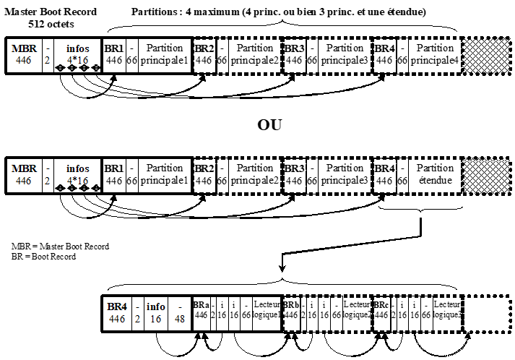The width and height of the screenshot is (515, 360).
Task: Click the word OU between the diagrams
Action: click(269, 125)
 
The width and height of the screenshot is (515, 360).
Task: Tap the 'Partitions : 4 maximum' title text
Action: click(279, 12)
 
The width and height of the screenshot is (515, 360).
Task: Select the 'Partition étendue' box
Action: click(436, 174)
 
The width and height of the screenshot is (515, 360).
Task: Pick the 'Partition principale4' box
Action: click(436, 53)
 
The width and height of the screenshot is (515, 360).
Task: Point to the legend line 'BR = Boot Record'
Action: click(44, 257)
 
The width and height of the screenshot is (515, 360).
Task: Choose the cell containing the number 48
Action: click(179, 311)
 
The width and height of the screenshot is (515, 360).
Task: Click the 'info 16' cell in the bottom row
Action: click(156, 311)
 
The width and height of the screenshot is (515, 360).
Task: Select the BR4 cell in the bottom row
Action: click(117, 311)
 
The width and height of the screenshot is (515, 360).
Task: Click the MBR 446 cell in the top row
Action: click(22, 53)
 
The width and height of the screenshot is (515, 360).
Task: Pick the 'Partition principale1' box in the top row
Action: click(165, 53)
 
